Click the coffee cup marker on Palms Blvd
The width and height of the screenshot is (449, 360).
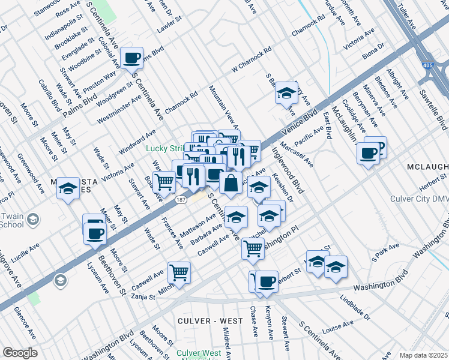coord(131,58)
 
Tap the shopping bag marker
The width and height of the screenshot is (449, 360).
coord(231,183)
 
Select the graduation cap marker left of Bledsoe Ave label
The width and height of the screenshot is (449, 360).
coord(287,92)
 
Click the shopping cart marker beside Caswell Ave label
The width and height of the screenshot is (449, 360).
coord(179,272)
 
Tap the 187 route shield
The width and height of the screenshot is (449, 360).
coord(180,201)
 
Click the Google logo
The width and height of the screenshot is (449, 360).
coord(20,353)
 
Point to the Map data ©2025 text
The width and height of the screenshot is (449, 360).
coord(423,355)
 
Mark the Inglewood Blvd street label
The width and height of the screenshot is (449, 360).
coord(289,170)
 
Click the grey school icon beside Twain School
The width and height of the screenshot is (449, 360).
coord(32,220)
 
